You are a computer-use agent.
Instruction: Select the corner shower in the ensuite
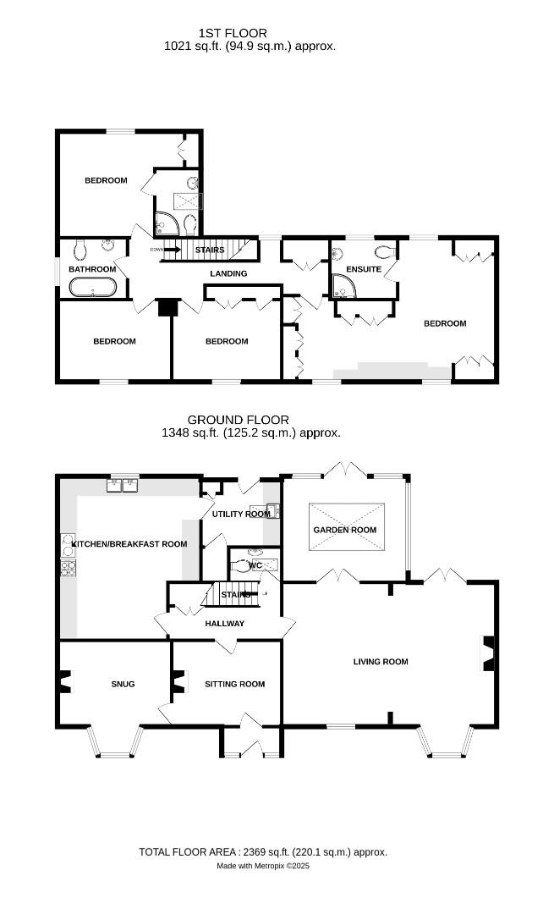coord(343,289)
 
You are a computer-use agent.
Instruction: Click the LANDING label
coord(228,273)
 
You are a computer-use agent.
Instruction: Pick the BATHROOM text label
coord(92,269)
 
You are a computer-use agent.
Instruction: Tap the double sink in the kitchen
coord(123,486)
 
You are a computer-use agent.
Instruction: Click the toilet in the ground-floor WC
coord(245,568)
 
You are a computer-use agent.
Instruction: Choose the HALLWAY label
coord(224,624)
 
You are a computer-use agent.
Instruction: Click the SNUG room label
coord(123,684)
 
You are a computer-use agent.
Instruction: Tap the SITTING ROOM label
coord(234,684)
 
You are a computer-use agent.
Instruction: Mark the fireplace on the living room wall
coord(487,651)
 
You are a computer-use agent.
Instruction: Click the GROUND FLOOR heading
coord(238,420)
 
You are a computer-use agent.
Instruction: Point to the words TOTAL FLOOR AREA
coord(191,852)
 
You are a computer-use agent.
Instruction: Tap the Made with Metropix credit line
coord(263,866)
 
